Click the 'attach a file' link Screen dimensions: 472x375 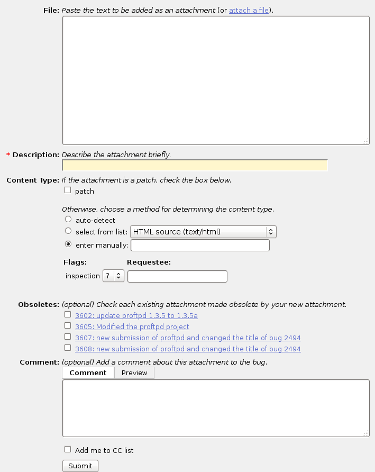[x=249, y=10]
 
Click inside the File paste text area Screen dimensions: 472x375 [x=215, y=80]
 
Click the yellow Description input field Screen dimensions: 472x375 [x=195, y=166]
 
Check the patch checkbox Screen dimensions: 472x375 [x=68, y=190]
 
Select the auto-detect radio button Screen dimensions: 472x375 [x=68, y=220]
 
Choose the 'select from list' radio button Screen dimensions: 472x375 [x=68, y=231]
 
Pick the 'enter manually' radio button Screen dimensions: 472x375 [x=68, y=244]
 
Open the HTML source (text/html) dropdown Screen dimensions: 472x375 [x=203, y=232]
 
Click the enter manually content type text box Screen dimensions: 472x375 [x=200, y=246]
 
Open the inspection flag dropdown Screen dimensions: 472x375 [x=113, y=276]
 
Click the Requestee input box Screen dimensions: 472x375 [x=177, y=276]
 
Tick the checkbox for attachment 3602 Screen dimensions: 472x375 [x=68, y=315]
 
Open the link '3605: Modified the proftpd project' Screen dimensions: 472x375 [x=132, y=327]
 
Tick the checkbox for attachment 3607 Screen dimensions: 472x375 [x=68, y=337]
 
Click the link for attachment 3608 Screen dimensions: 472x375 [x=188, y=349]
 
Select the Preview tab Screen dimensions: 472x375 [x=134, y=373]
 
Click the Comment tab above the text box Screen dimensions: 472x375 [x=88, y=373]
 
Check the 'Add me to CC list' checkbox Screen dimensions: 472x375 [x=68, y=450]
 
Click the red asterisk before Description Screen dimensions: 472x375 [x=8, y=155]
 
